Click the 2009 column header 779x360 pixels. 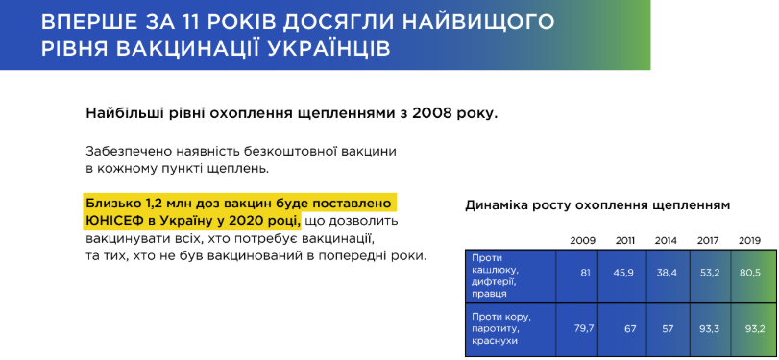click(x=582, y=241)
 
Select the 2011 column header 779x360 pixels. click(x=625, y=241)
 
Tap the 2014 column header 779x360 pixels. click(x=666, y=241)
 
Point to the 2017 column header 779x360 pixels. click(x=708, y=241)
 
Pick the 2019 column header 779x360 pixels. click(x=749, y=241)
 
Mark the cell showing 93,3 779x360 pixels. click(x=711, y=328)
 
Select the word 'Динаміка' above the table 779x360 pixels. click(x=490, y=205)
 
